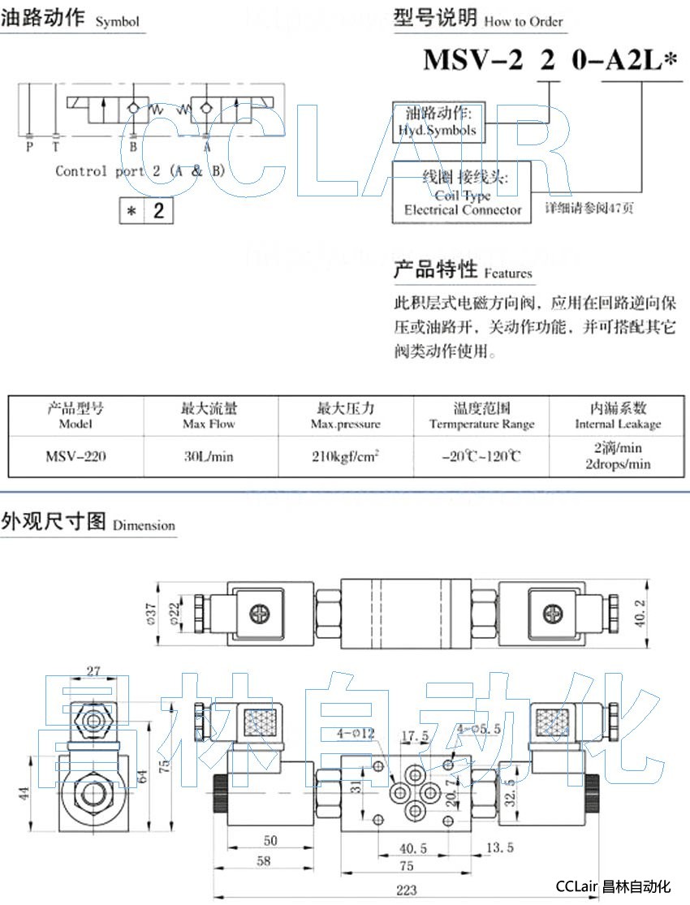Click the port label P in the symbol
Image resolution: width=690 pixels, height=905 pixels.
tap(29, 147)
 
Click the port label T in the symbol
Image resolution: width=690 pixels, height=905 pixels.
tap(54, 147)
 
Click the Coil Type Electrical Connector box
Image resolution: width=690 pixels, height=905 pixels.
tap(463, 192)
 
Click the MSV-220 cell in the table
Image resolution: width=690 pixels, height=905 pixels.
tap(75, 456)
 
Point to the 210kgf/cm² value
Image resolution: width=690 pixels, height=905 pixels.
tap(346, 456)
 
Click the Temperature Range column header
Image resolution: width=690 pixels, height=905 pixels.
tap(481, 424)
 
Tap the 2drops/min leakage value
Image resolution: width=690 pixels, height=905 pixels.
tap(618, 464)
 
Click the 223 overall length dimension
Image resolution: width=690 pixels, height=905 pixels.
tap(406, 890)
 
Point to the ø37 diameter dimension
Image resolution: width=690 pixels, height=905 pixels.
tap(149, 615)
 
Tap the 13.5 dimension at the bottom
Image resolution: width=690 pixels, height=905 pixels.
tap(499, 847)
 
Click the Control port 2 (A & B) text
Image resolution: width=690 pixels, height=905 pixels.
tap(140, 170)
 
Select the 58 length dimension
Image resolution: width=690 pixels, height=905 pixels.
tap(263, 862)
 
